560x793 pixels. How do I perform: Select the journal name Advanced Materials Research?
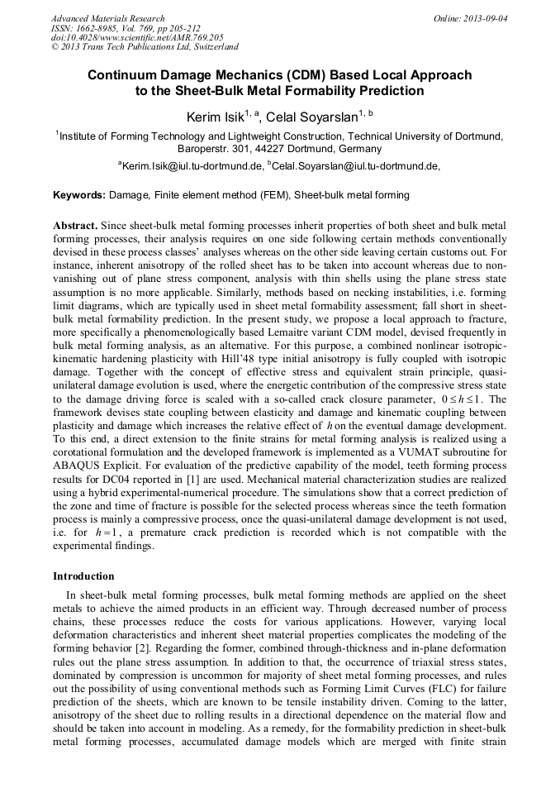pyautogui.click(x=107, y=18)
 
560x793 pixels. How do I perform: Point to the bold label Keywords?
pyautogui.click(x=79, y=195)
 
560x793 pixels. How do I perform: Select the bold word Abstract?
pyautogui.click(x=76, y=225)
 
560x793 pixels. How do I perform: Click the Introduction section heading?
pyautogui.click(x=83, y=576)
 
